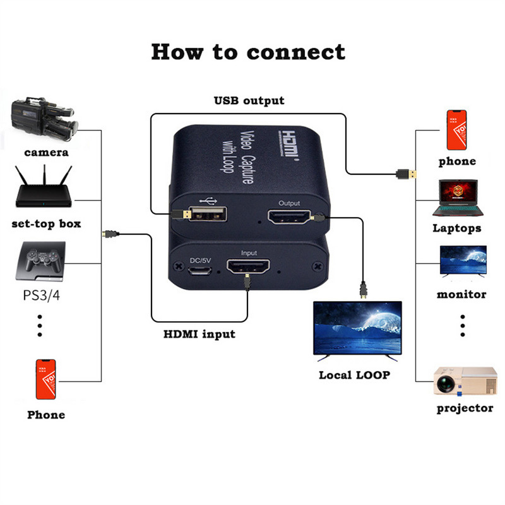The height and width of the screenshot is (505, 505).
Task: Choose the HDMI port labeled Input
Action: (248, 268)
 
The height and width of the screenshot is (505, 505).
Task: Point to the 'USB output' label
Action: (249, 100)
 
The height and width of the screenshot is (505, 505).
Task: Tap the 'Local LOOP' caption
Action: (354, 374)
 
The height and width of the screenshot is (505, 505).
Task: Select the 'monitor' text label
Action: (461, 294)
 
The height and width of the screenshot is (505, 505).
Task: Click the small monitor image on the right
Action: (463, 261)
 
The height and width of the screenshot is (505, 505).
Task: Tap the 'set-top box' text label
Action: (47, 223)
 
